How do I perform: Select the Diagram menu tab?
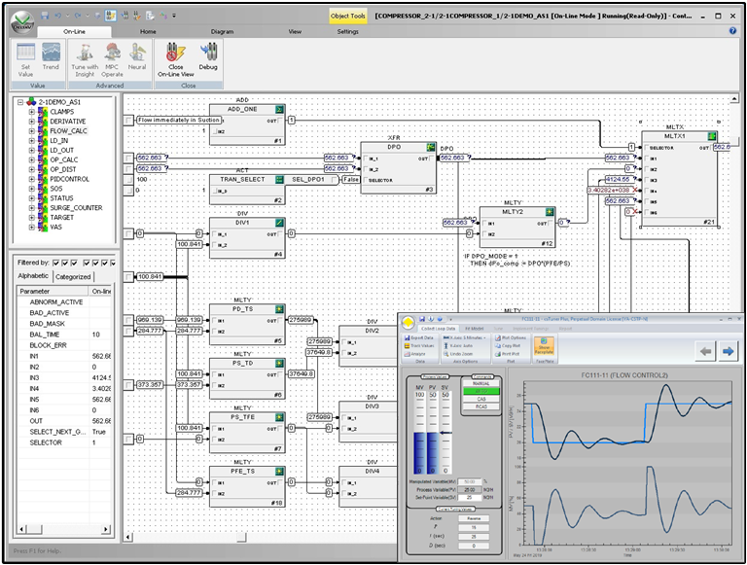pyautogui.click(x=222, y=31)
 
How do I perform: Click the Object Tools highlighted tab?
pyautogui.click(x=347, y=16)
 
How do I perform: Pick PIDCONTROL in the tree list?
pyautogui.click(x=70, y=180)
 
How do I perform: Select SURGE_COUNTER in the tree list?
pyautogui.click(x=76, y=208)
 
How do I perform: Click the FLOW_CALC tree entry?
pyautogui.click(x=68, y=131)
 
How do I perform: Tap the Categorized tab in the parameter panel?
pyautogui.click(x=73, y=276)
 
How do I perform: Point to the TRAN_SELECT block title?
pyautogui.click(x=241, y=180)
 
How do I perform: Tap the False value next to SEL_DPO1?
pyautogui.click(x=351, y=180)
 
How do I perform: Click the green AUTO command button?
pyautogui.click(x=482, y=389)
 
